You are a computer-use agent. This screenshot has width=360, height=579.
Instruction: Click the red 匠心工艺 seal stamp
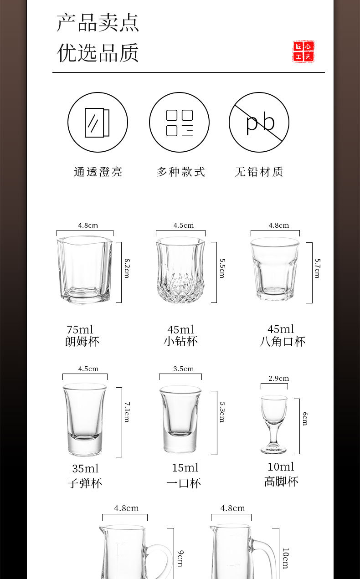point(303,51)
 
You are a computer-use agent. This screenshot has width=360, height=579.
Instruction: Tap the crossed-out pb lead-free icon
point(259,122)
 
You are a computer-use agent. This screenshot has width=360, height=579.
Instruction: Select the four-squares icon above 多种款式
point(179,122)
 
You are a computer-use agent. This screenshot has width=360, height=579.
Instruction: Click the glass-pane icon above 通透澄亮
point(98,122)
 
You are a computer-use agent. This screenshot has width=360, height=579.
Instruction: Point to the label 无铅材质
point(259,172)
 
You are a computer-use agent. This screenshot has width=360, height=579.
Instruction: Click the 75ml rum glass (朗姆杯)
point(84,269)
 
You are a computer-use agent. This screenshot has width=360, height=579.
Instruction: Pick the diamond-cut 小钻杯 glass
point(180,269)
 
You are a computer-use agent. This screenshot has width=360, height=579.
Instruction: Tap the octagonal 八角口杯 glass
point(275,269)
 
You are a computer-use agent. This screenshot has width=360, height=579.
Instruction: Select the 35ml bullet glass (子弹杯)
point(84,419)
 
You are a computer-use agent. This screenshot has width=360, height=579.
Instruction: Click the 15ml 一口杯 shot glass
point(180,419)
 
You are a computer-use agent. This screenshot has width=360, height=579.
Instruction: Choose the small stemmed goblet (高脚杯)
point(274,424)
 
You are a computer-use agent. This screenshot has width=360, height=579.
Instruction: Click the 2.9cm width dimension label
point(278,379)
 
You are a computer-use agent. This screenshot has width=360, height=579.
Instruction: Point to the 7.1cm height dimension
point(127,412)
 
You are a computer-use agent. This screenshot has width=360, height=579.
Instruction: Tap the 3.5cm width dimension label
point(183,369)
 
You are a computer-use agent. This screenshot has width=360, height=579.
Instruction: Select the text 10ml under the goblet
point(281,467)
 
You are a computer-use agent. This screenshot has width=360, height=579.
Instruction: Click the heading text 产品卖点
point(98,23)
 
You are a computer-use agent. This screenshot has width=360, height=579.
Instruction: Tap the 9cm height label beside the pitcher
point(180,559)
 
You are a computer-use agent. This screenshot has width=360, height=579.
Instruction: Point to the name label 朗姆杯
point(82,342)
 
